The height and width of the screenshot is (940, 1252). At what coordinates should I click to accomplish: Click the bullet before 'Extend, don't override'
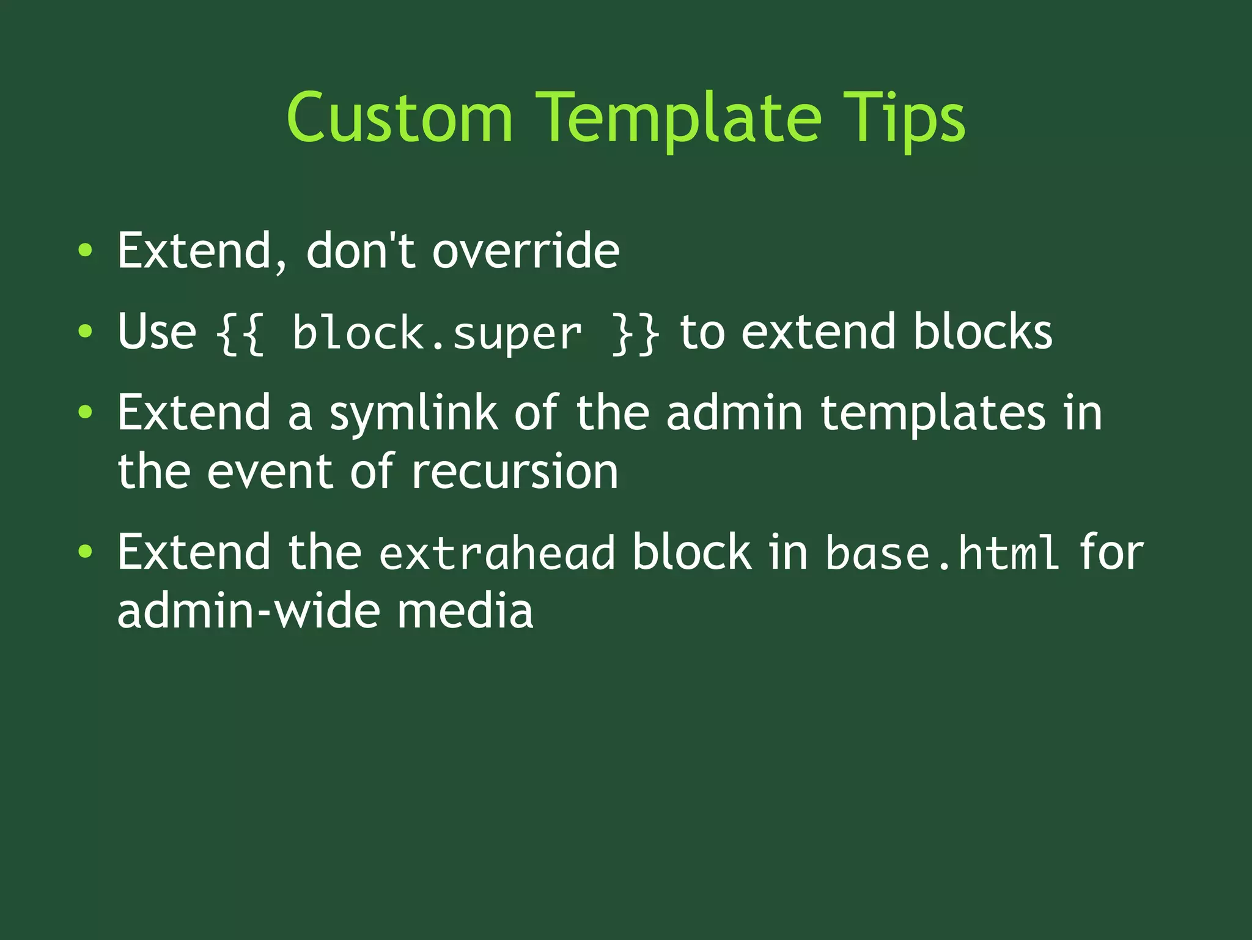click(x=86, y=250)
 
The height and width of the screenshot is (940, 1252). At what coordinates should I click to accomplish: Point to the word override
click(x=526, y=251)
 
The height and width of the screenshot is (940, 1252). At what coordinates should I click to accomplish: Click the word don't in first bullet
click(x=361, y=251)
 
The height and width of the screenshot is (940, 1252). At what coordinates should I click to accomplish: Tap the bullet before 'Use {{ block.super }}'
click(x=86, y=331)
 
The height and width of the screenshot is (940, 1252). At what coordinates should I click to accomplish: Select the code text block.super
click(x=436, y=334)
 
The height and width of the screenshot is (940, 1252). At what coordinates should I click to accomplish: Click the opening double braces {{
click(x=240, y=334)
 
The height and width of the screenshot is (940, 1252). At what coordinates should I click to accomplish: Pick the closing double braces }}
click(x=635, y=334)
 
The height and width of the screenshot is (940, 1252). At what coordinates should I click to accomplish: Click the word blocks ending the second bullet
click(x=982, y=331)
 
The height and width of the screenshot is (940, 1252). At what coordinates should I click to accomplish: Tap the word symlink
click(x=413, y=413)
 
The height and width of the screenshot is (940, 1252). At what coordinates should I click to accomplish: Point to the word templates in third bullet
click(x=932, y=413)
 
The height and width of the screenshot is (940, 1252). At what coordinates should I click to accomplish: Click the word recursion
click(x=514, y=472)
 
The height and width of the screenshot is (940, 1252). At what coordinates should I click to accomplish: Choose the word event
click(x=270, y=472)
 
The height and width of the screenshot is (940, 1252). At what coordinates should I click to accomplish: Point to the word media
click(x=465, y=611)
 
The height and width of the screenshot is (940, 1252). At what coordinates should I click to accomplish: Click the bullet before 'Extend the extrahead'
click(x=86, y=552)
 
